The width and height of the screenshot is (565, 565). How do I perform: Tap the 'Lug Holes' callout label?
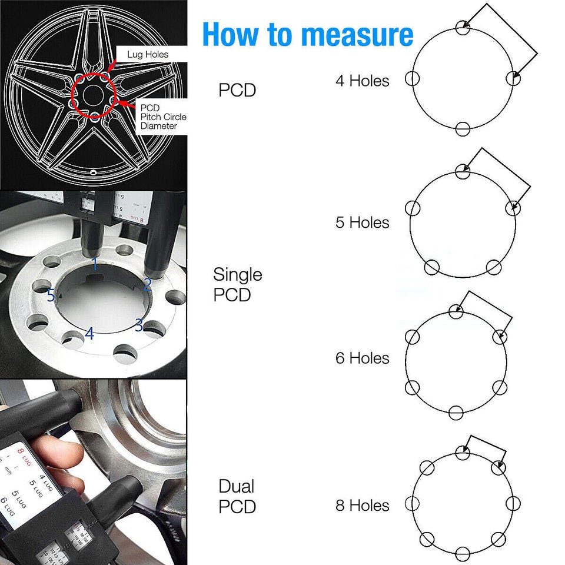148,55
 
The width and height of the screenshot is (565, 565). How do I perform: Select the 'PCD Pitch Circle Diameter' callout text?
163,117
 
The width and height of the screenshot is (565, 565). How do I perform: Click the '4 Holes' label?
362,81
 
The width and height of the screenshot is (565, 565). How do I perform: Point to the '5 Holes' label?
362,222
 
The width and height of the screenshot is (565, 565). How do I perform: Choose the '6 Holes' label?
362,358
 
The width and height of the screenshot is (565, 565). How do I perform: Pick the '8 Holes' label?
362,505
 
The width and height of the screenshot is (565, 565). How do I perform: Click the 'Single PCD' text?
237,284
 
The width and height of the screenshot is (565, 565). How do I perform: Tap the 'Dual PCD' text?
237,496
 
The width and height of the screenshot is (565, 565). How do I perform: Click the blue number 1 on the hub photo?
95,263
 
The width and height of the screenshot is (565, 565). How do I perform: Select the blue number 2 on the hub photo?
148,285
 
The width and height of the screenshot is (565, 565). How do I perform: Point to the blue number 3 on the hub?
139,324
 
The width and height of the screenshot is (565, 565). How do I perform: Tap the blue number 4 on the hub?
89,333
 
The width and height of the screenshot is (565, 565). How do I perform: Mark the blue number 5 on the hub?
51,295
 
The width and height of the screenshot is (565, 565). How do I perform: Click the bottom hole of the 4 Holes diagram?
463,128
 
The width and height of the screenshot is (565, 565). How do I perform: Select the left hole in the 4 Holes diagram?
412,79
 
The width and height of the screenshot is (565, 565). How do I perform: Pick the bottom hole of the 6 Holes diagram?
456,412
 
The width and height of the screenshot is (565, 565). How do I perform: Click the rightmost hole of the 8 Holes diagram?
513,504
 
